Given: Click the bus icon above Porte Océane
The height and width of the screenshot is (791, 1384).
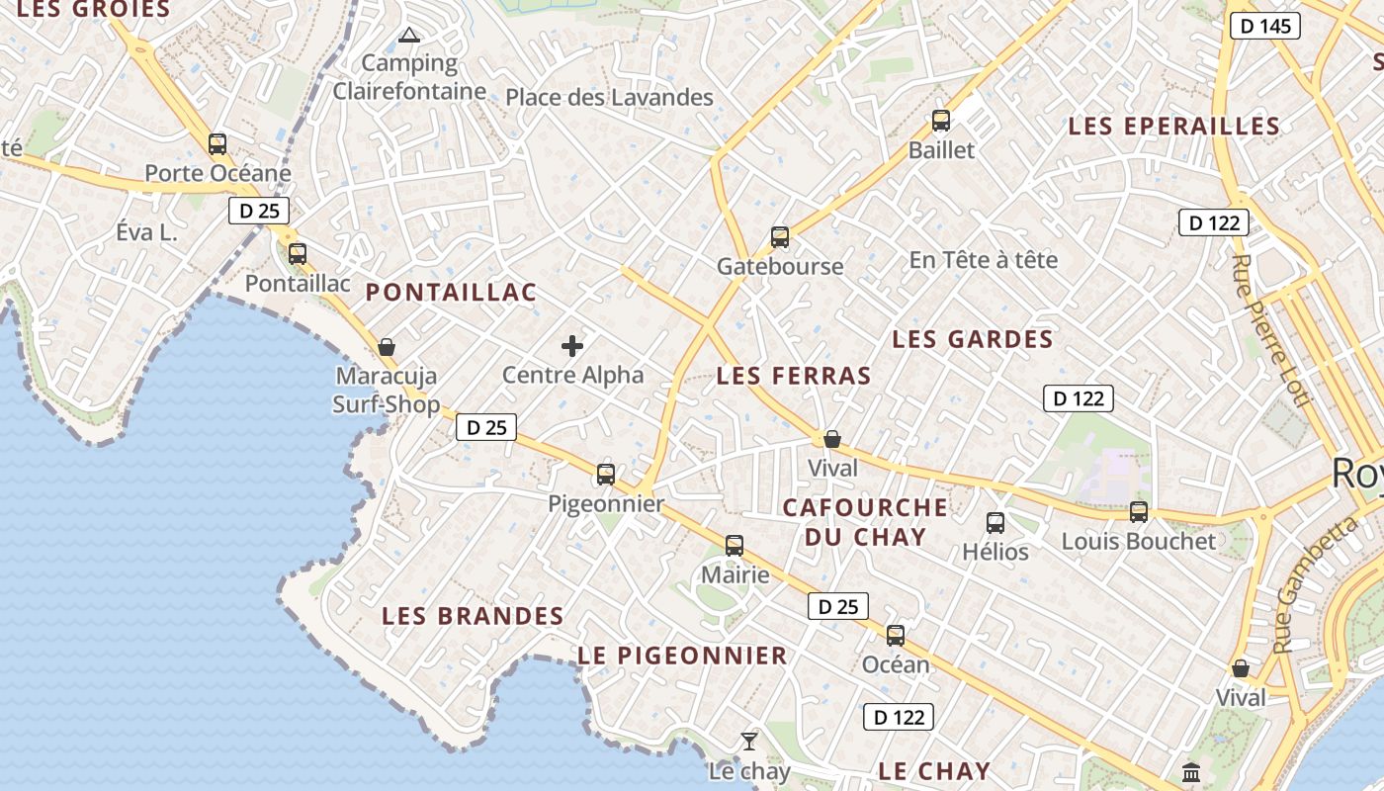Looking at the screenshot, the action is [x=217, y=143].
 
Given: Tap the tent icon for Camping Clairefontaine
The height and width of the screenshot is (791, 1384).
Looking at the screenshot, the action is [x=409, y=37].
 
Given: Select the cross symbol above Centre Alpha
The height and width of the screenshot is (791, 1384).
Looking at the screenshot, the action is [x=572, y=346].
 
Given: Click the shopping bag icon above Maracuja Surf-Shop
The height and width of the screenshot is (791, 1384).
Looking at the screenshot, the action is [x=387, y=347].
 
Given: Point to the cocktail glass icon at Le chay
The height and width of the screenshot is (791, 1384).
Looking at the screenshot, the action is [x=749, y=741].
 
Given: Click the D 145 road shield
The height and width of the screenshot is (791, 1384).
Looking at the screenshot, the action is [x=1264, y=26].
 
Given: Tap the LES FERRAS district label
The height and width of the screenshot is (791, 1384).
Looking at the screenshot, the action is [x=794, y=376].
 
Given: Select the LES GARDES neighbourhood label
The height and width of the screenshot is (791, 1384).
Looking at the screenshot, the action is [x=972, y=339].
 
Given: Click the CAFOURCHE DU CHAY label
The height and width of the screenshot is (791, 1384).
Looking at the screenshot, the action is [x=865, y=522].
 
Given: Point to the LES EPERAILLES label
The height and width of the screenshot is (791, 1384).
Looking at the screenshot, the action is [x=1173, y=127].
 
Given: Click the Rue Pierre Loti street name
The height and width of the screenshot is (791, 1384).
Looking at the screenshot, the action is [x=1270, y=330].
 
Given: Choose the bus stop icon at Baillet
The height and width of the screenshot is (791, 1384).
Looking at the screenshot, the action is [x=941, y=121].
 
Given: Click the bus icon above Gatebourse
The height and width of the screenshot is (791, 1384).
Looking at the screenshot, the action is [x=780, y=237].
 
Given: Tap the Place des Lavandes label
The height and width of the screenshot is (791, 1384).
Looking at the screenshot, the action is [x=609, y=97].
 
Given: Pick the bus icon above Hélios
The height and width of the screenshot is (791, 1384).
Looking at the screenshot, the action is [x=995, y=523].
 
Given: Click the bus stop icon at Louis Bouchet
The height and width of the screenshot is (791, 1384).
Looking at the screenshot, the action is [x=1139, y=511].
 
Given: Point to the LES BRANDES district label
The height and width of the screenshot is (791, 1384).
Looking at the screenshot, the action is [x=473, y=616].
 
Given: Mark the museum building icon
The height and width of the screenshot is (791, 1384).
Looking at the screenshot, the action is [x=1191, y=771].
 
